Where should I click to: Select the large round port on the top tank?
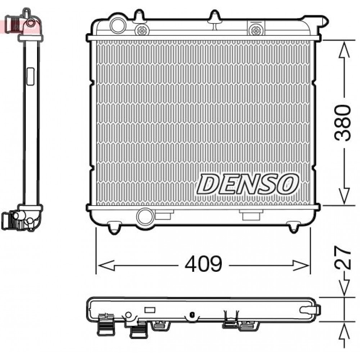click(x=117, y=26)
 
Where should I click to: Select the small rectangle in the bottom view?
click(x=149, y=310)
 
